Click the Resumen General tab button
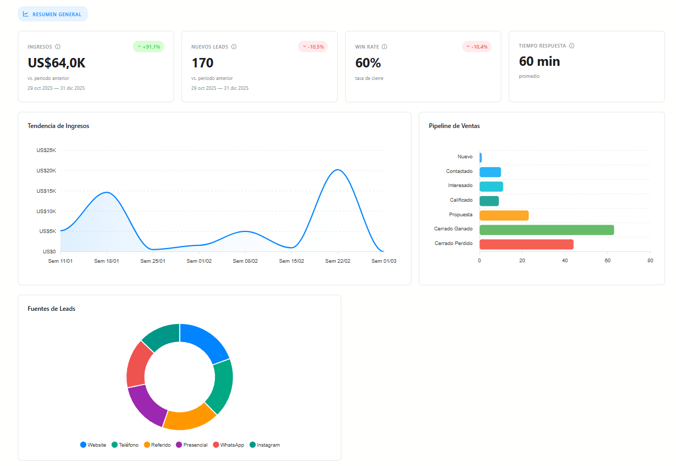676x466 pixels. pos(52,14)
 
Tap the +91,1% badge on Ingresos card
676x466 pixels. pos(148,46)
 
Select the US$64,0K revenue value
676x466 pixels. pos(56,63)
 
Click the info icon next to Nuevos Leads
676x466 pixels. pos(234,46)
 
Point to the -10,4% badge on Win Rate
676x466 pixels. pos(477,46)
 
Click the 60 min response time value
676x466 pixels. pos(539,61)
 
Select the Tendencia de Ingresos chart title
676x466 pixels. pos(58,126)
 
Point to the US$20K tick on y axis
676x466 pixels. pos(46,171)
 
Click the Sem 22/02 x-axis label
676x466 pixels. pos(338,261)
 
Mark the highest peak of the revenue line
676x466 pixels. pos(337,170)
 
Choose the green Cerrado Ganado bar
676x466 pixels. pos(546,230)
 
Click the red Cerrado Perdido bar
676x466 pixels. pos(526,244)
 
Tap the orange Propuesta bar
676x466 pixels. pos(503,215)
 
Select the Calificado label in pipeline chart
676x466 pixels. pos(461,200)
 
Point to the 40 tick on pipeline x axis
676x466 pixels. pos(565,260)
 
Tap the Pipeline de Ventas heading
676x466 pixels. pos(454,126)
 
